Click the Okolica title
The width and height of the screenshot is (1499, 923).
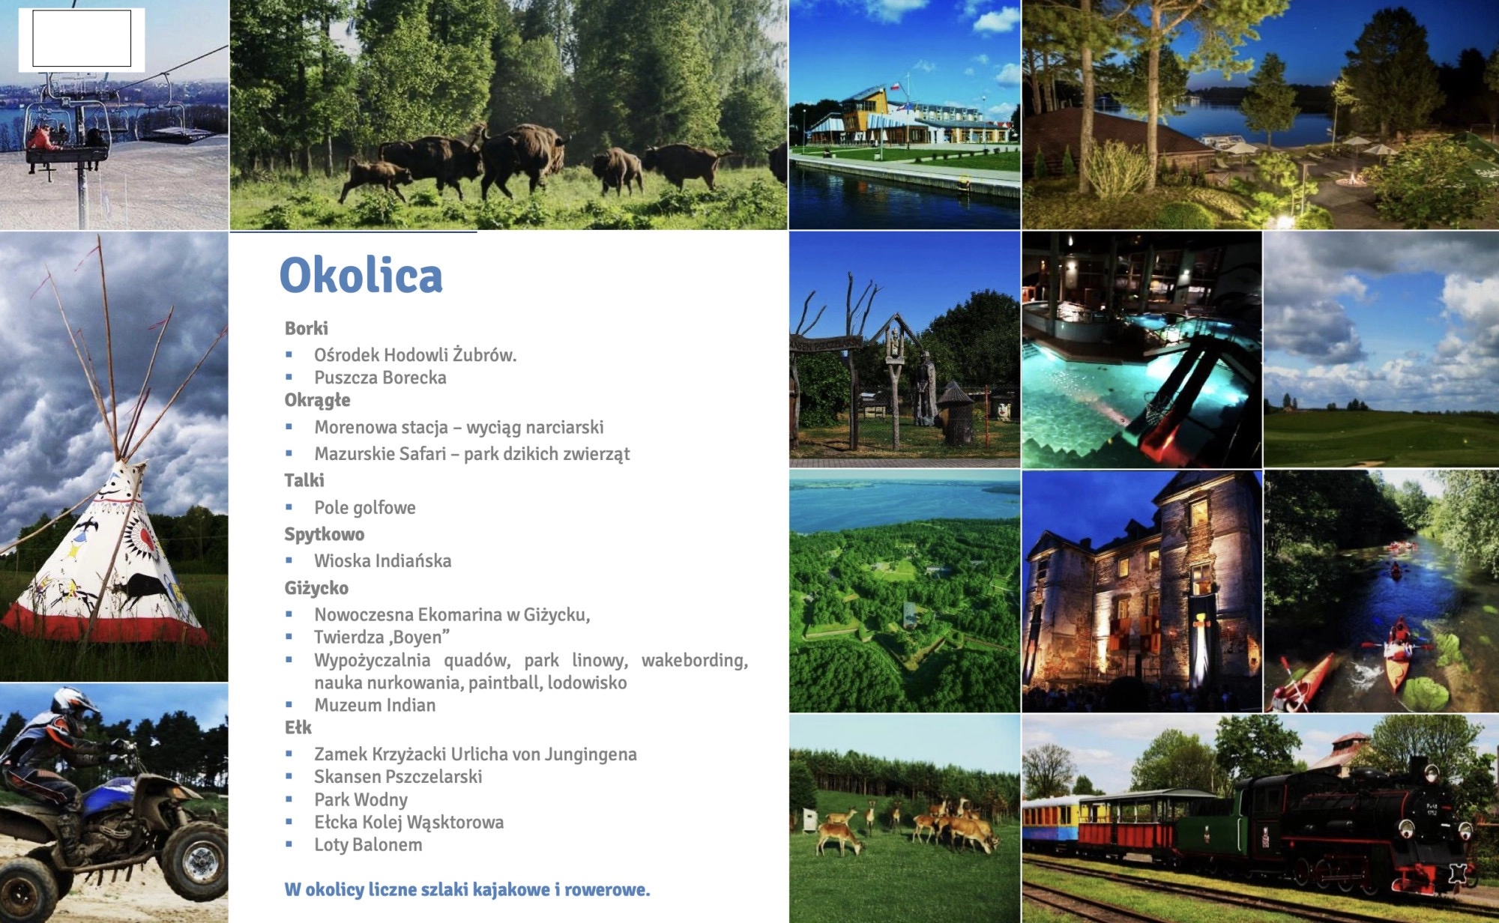click(x=361, y=275)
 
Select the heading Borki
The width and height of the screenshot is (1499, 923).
click(x=307, y=328)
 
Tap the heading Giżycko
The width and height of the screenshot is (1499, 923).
click(x=316, y=588)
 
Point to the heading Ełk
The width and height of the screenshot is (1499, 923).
click(x=298, y=727)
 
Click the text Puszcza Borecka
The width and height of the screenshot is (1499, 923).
click(x=380, y=378)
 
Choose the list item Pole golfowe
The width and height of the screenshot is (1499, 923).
click(x=365, y=508)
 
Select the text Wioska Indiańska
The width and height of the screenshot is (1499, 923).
click(x=383, y=561)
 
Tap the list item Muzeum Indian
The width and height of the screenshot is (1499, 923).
click(x=375, y=705)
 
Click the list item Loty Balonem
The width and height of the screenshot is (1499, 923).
click(x=369, y=845)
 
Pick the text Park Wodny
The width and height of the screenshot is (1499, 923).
click(x=361, y=800)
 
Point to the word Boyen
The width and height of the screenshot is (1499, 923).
click(x=419, y=638)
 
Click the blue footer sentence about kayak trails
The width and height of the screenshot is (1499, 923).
click(x=467, y=890)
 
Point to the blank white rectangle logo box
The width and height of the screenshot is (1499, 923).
click(x=82, y=38)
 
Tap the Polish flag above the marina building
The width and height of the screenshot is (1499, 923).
click(x=893, y=87)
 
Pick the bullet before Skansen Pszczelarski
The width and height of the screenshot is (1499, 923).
click(x=289, y=777)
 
